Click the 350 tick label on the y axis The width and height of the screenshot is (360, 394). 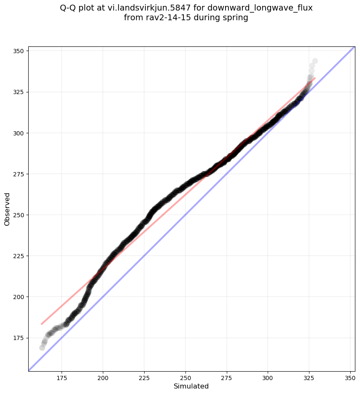[20, 51]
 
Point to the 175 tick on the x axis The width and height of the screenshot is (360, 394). [62, 372]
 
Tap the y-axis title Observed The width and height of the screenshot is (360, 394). [7, 209]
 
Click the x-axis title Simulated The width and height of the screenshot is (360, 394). [191, 386]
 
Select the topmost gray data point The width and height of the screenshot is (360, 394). [315, 61]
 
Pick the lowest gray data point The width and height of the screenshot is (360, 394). [42, 348]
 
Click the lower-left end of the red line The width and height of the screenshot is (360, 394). [41, 324]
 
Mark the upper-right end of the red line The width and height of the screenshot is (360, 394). [315, 78]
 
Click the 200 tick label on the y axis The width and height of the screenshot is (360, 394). [20, 297]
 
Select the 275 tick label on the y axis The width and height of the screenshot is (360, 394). [20, 174]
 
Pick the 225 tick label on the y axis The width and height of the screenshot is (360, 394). [20, 256]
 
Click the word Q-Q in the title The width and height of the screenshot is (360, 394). [70, 8]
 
